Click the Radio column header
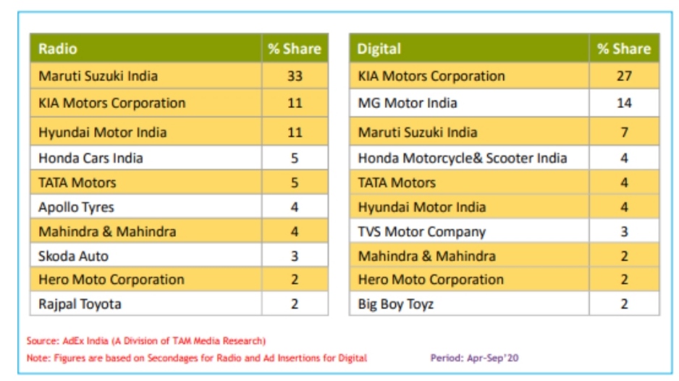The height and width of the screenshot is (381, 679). (58, 49)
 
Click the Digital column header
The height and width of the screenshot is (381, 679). (379, 49)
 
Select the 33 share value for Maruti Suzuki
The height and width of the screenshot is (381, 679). (295, 76)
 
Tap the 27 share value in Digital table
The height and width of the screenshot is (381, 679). (624, 76)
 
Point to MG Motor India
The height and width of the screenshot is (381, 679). (407, 103)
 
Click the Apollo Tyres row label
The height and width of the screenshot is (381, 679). (76, 207)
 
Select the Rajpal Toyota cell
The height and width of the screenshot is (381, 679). (80, 304)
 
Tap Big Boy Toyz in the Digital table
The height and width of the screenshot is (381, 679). (395, 304)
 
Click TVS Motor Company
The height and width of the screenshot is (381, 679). (421, 232)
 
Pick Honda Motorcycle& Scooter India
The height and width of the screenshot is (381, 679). (462, 158)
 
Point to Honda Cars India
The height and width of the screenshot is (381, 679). (90, 158)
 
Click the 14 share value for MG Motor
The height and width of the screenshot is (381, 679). (624, 103)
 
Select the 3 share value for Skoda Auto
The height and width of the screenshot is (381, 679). (295, 256)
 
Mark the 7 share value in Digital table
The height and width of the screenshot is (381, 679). (624, 133)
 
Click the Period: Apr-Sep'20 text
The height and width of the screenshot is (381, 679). (474, 358)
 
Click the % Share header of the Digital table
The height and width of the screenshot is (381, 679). (624, 49)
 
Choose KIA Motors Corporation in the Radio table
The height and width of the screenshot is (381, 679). (111, 103)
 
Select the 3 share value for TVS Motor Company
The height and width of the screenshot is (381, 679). (624, 232)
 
